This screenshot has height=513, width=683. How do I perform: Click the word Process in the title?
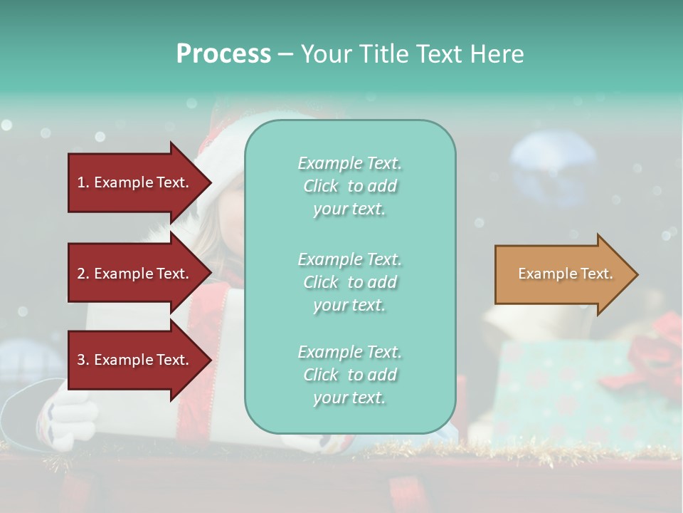point(223,54)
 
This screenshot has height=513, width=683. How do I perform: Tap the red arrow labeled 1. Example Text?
point(135,182)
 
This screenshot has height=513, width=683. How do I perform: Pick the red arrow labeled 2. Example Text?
point(135,274)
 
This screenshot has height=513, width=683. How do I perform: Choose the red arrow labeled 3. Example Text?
point(135,360)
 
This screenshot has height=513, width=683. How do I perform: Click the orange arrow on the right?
point(562,274)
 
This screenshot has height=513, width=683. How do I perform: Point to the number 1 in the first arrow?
point(81,182)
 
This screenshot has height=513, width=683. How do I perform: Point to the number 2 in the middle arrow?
point(81,274)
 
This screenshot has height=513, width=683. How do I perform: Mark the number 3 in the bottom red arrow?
point(81,360)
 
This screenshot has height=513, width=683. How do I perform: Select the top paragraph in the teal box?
point(349,186)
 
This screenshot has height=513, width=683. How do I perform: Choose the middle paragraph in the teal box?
point(349,282)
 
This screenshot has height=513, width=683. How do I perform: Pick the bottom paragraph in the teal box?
point(349,375)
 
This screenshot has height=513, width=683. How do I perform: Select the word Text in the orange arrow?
point(596,274)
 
